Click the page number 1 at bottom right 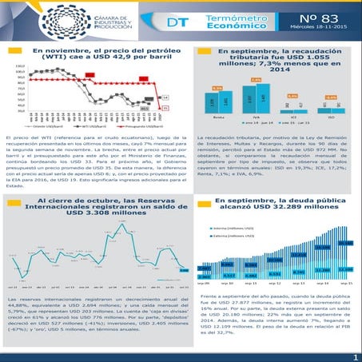coord(355,356)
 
